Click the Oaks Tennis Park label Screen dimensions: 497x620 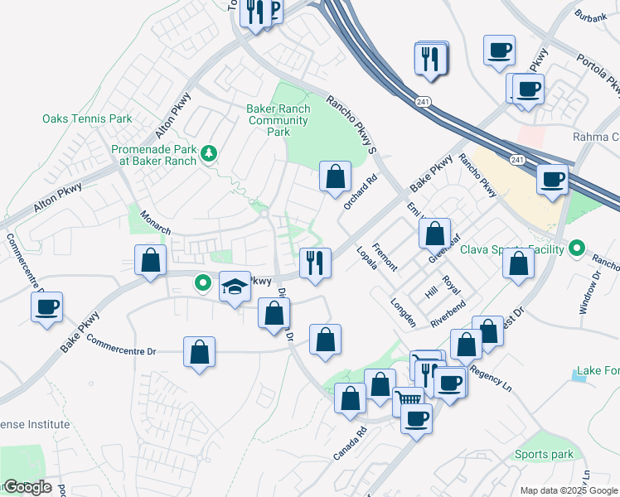tap(87, 119)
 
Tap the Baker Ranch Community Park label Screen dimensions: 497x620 tap(279, 120)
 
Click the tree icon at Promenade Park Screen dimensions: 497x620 tap(211, 152)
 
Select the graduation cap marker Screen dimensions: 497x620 tap(235, 287)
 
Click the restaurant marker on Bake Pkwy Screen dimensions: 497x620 tap(315, 263)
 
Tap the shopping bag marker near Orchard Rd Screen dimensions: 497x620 tap(335, 176)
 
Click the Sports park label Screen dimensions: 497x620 tap(544, 454)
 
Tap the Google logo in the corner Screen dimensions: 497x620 tap(27, 487)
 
